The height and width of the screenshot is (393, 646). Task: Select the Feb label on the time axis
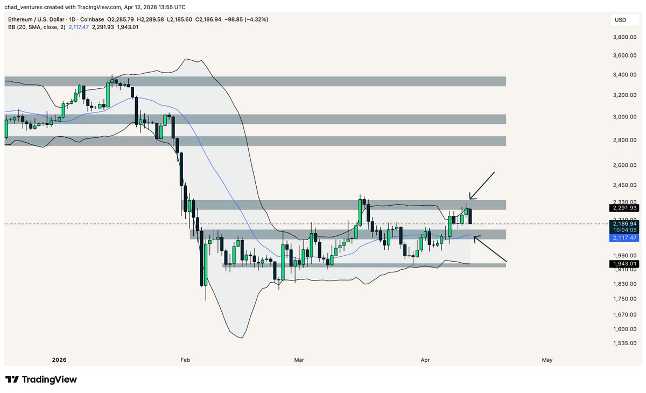click(x=186, y=360)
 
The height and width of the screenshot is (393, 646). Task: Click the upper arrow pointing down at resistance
click(x=481, y=186)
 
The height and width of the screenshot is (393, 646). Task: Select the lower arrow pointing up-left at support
click(x=490, y=249)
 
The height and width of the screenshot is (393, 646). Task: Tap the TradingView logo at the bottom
click(x=41, y=380)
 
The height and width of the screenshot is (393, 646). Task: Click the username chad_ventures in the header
click(x=28, y=8)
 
